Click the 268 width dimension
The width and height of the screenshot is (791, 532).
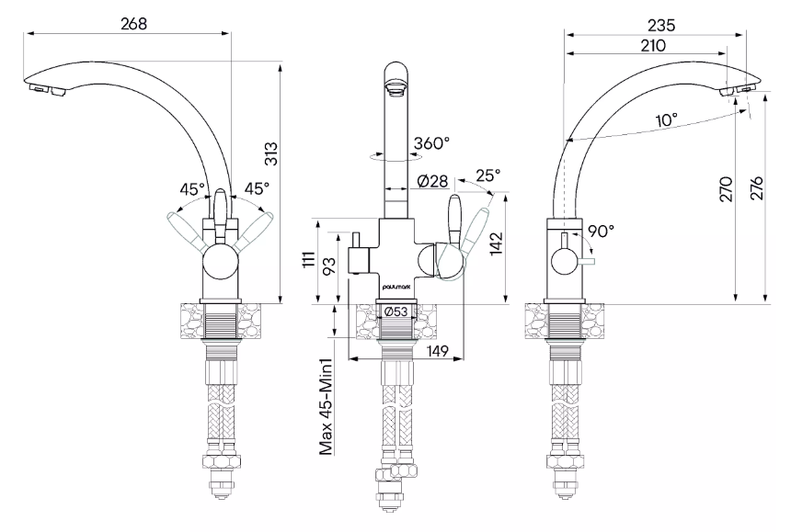coord(133,23)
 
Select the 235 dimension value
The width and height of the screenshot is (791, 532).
coord(660,25)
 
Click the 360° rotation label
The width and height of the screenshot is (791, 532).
coord(432,144)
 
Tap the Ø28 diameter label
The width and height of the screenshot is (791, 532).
coord(432,181)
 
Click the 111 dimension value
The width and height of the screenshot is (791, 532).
coord(310,260)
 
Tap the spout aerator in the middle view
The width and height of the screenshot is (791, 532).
coord(395,90)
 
